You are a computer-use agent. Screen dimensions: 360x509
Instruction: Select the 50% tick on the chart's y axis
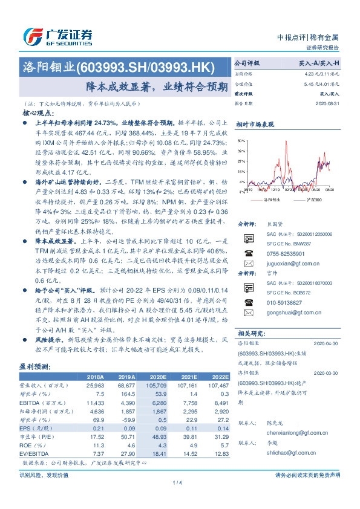click(241, 140)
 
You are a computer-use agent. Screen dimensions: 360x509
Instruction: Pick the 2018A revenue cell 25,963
click(97, 384)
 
